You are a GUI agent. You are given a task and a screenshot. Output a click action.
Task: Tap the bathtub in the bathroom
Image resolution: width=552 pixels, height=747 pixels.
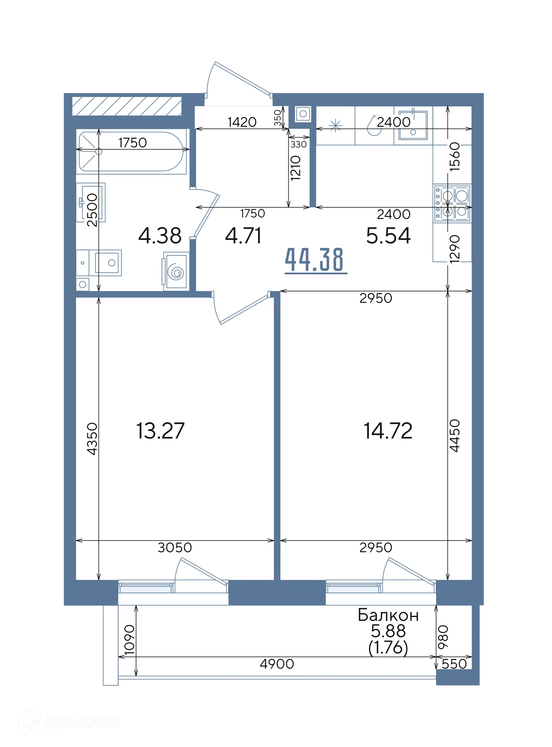point(131,152)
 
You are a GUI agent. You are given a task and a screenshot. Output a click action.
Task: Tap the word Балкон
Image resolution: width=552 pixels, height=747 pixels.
point(388,615)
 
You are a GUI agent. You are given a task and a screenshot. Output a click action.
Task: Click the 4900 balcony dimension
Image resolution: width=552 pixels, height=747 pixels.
point(277,664)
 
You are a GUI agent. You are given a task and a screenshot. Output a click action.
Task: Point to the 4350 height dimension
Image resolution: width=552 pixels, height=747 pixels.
point(92,439)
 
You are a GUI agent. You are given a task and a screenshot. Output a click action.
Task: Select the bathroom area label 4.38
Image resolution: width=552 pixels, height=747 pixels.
point(160,235)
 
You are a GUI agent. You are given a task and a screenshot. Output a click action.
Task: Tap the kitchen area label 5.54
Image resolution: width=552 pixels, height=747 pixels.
point(388,235)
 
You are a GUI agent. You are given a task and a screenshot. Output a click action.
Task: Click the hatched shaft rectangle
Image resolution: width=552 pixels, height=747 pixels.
point(127,106)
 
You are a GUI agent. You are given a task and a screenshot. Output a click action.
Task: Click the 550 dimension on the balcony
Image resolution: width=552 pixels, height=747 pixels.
point(454,664)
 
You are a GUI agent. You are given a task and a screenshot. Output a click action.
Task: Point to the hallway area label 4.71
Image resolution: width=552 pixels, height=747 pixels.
point(243,235)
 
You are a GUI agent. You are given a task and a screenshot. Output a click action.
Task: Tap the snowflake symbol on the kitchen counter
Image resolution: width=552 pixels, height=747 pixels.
point(336,126)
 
